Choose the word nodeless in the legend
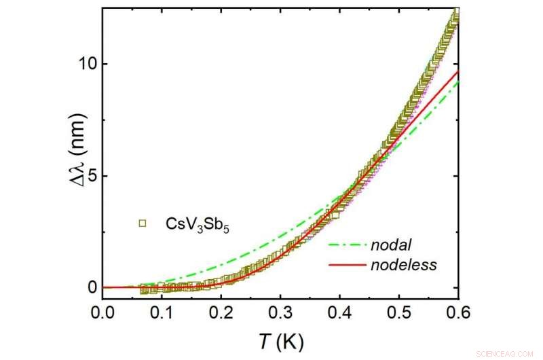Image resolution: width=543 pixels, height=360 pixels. point(404,265)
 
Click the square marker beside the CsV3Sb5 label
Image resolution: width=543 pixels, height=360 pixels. point(143,222)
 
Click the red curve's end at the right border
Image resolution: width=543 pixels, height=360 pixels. point(459,71)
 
